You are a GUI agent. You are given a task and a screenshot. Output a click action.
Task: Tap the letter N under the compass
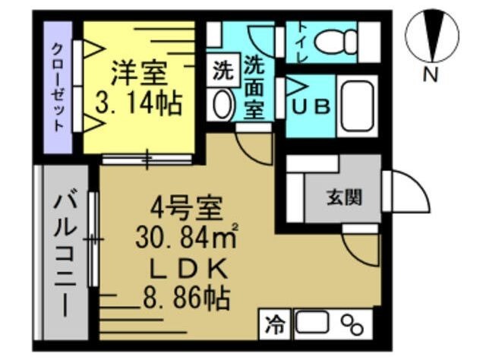coord(431,74)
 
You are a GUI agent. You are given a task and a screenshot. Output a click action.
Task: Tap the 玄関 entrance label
coord(343,197)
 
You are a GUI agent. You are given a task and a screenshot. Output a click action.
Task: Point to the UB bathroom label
coord(311,107)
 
